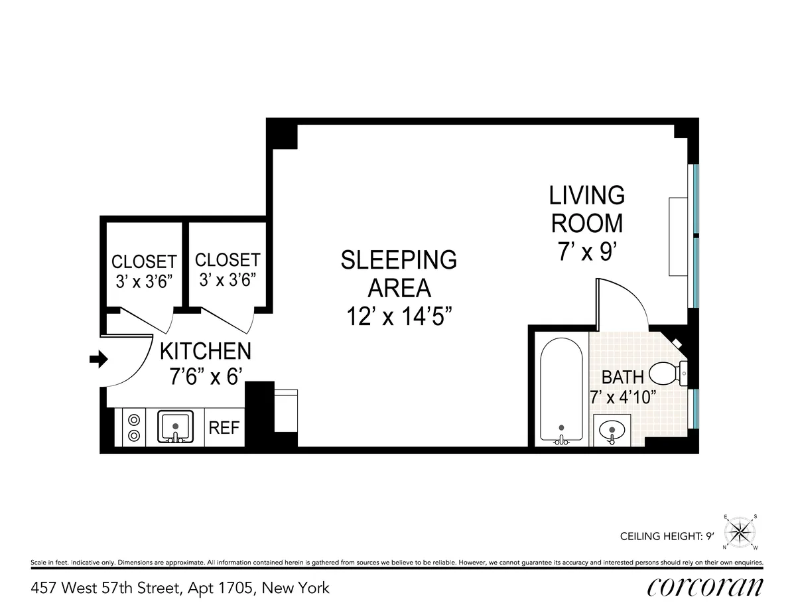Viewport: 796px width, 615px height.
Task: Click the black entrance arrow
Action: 98,360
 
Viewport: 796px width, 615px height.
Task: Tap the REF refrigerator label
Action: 224,427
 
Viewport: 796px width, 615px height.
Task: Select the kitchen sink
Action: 175,427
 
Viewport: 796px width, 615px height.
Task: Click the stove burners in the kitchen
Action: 134,427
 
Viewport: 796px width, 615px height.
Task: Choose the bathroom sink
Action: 612,431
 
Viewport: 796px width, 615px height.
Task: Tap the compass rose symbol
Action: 740,532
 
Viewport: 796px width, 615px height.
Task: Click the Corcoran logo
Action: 704,587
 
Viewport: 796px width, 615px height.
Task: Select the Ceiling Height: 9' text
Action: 666,537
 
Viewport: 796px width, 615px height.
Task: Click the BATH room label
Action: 622,377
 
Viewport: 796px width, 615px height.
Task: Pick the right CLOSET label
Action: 228,259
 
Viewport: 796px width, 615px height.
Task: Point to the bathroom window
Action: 695,409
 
